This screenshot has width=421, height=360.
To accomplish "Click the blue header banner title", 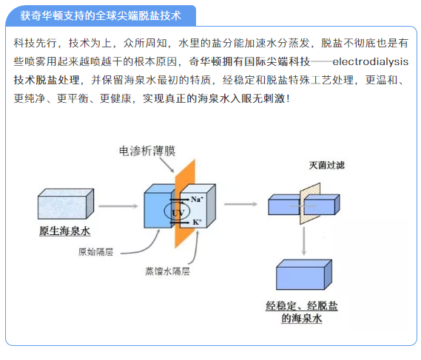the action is coord(101,16).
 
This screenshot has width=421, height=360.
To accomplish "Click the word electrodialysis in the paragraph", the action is coord(370,61).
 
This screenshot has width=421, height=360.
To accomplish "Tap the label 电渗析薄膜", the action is coord(147,151).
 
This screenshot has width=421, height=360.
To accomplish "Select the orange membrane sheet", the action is coord(185,203).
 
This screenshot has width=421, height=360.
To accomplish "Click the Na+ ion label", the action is coord(197,199).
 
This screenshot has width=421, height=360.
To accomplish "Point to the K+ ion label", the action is coord(197,222).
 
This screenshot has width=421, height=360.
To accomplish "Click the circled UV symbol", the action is coord(178,211).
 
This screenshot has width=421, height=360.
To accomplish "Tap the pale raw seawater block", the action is coord(66,204).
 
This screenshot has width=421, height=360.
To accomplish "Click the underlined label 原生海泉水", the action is coord(64,231).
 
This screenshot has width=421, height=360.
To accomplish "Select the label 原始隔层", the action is coord(95,252).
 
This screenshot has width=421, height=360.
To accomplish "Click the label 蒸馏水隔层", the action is coord(167,271).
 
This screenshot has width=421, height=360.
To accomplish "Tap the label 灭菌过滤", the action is coord(326,165).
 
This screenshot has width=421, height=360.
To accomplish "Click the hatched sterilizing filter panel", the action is coord(310,203).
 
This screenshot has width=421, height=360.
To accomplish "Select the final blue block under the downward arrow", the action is coord(304,274).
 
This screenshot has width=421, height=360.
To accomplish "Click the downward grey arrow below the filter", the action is coord(304,241).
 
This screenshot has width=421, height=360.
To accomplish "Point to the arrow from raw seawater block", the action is coord(118,206).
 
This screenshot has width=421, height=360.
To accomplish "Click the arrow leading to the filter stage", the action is coord(240,204).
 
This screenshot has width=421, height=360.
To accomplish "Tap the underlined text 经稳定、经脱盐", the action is coord(302,305).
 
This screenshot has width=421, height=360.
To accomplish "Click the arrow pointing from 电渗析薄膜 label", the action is coord(167,165).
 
